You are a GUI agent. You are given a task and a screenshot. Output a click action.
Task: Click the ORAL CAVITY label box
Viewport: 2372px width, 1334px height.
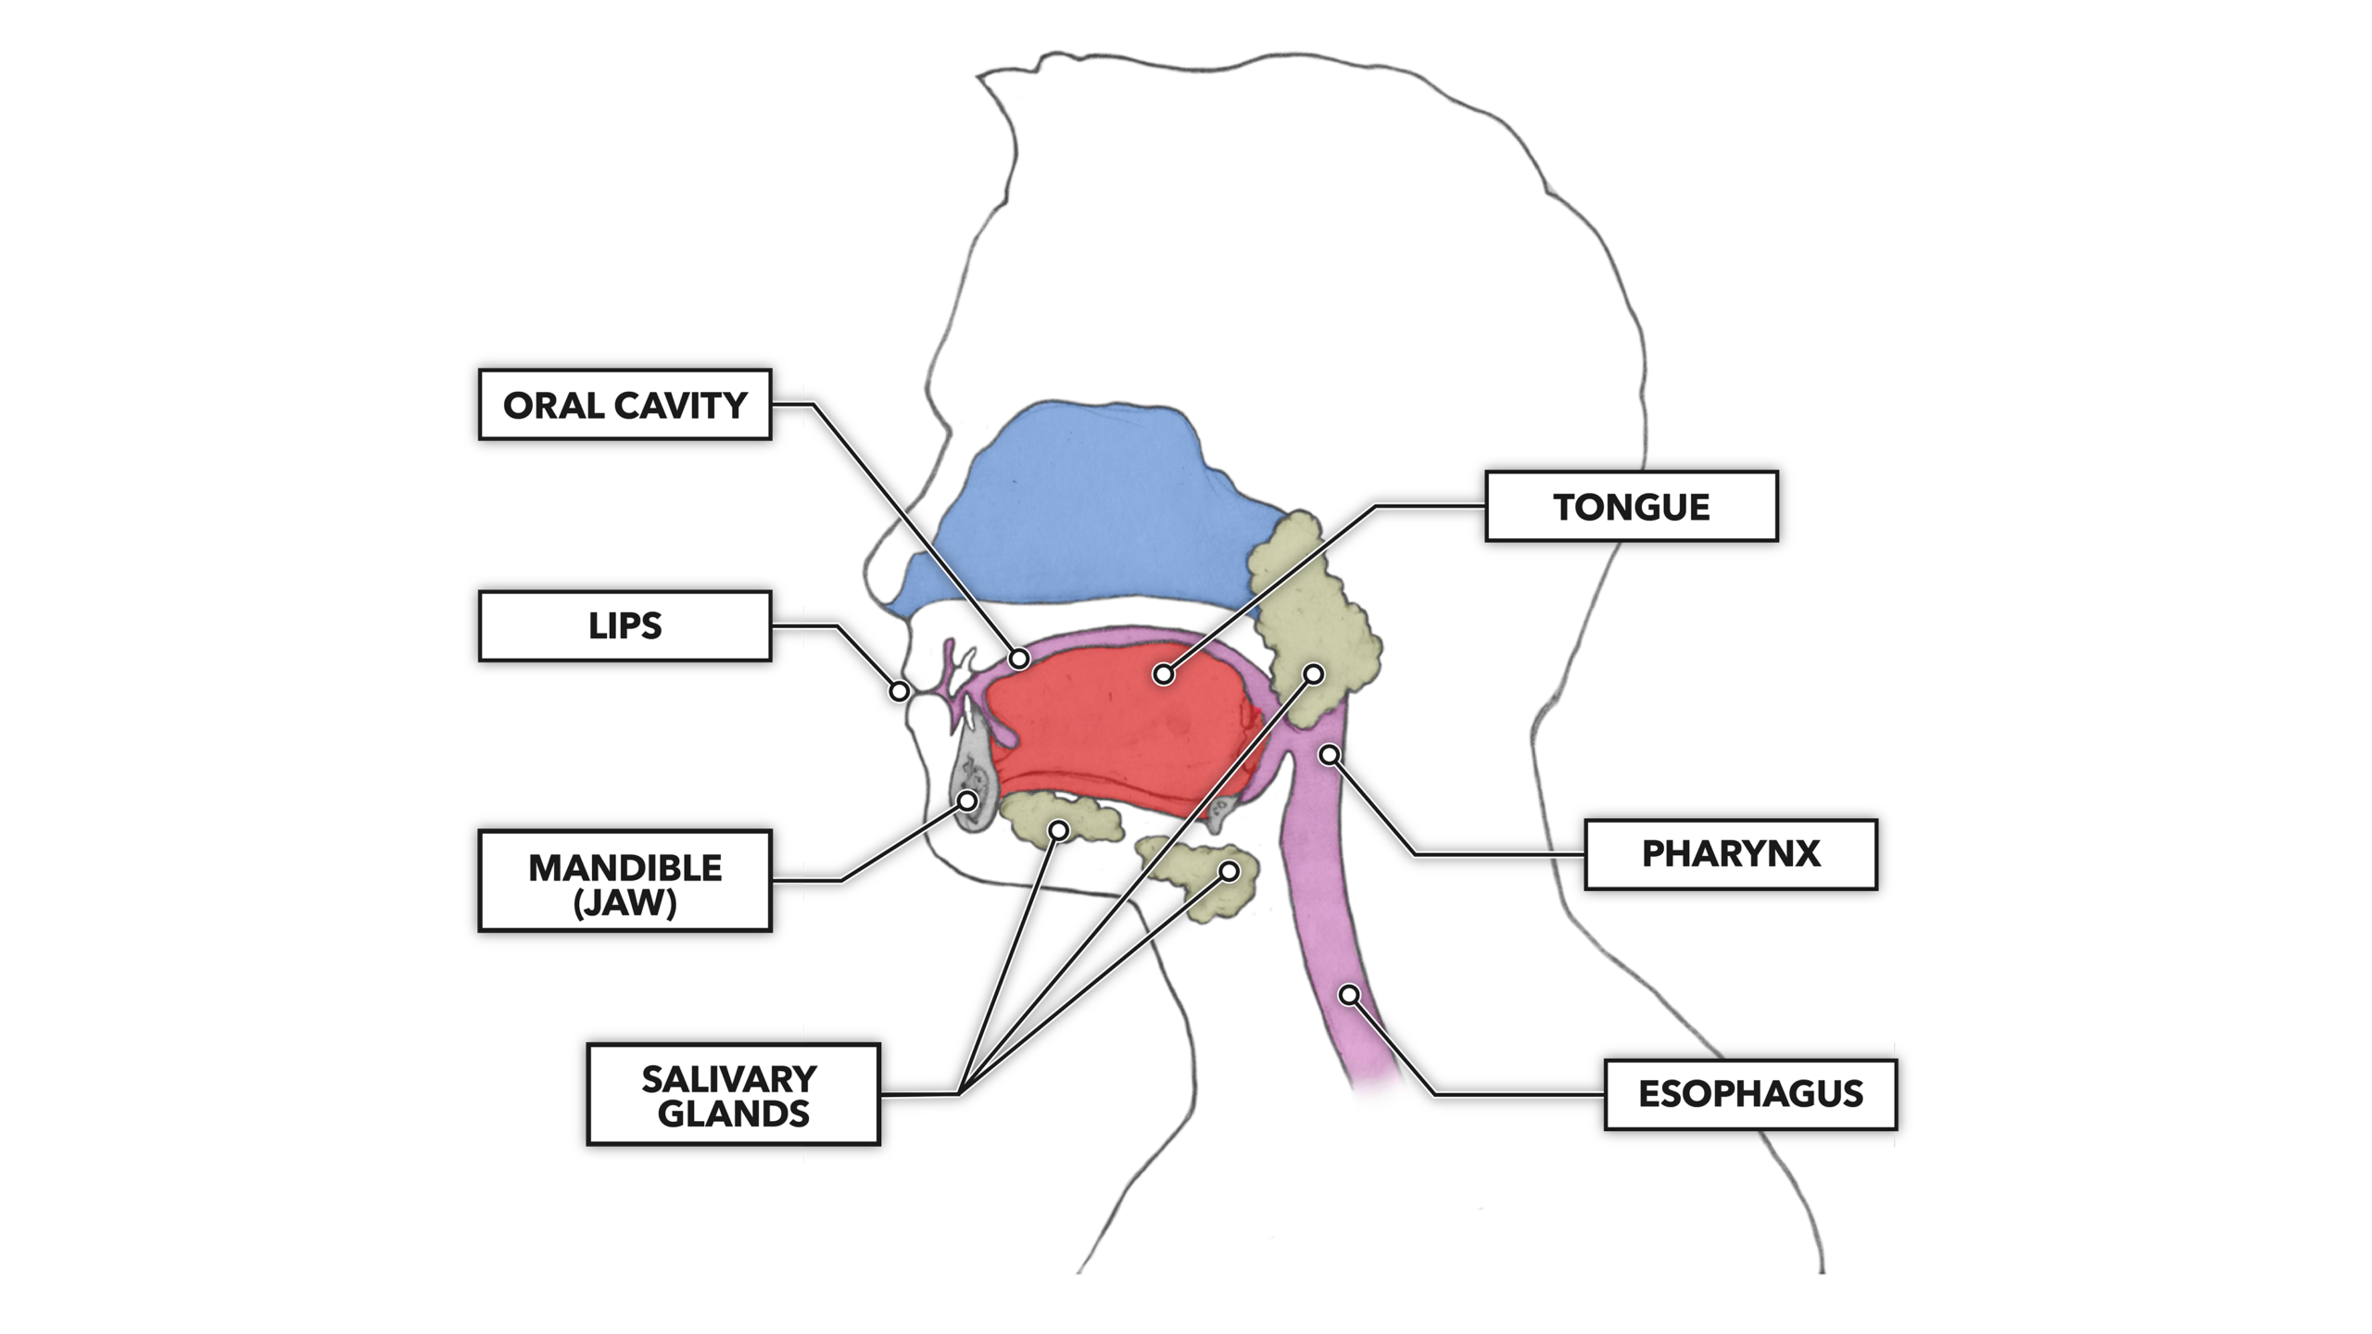pos(625,405)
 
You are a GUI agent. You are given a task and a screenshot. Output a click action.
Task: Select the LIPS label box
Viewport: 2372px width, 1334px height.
pos(625,626)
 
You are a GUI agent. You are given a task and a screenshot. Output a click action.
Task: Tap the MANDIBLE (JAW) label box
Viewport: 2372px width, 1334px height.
pos(625,881)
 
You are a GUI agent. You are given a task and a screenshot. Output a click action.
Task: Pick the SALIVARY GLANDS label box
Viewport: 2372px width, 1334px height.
pos(733,1095)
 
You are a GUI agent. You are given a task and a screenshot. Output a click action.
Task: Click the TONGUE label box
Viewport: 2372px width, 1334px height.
pos(1631,507)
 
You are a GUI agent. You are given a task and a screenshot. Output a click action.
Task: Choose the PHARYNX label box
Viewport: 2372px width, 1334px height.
pos(1730,854)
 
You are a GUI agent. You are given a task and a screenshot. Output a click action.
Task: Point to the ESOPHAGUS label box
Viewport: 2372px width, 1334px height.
pos(1750,1094)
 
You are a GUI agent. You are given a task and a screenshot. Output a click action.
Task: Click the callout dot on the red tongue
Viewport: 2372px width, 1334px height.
pos(1164,674)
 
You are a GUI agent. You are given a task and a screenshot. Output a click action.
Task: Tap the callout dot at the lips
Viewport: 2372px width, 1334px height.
pos(899,691)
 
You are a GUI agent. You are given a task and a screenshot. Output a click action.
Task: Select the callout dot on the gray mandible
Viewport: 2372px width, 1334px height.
pos(967,799)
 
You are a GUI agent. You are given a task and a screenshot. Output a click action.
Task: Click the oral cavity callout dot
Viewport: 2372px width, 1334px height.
pos(1019,659)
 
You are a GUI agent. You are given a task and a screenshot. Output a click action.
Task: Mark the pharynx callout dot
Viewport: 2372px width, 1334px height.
pos(1330,754)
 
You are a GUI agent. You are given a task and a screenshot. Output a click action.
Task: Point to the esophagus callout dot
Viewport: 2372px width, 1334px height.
pos(1350,995)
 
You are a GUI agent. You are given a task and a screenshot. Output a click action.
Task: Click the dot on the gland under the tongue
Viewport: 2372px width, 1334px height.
pos(1058,829)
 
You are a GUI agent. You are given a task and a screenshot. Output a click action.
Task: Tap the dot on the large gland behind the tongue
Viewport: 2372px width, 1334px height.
pos(1314,673)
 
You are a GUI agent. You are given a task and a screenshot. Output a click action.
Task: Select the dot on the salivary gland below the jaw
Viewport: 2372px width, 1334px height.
pos(1230,871)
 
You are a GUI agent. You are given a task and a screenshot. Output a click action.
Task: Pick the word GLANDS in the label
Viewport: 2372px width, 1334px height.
pos(733,1114)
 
